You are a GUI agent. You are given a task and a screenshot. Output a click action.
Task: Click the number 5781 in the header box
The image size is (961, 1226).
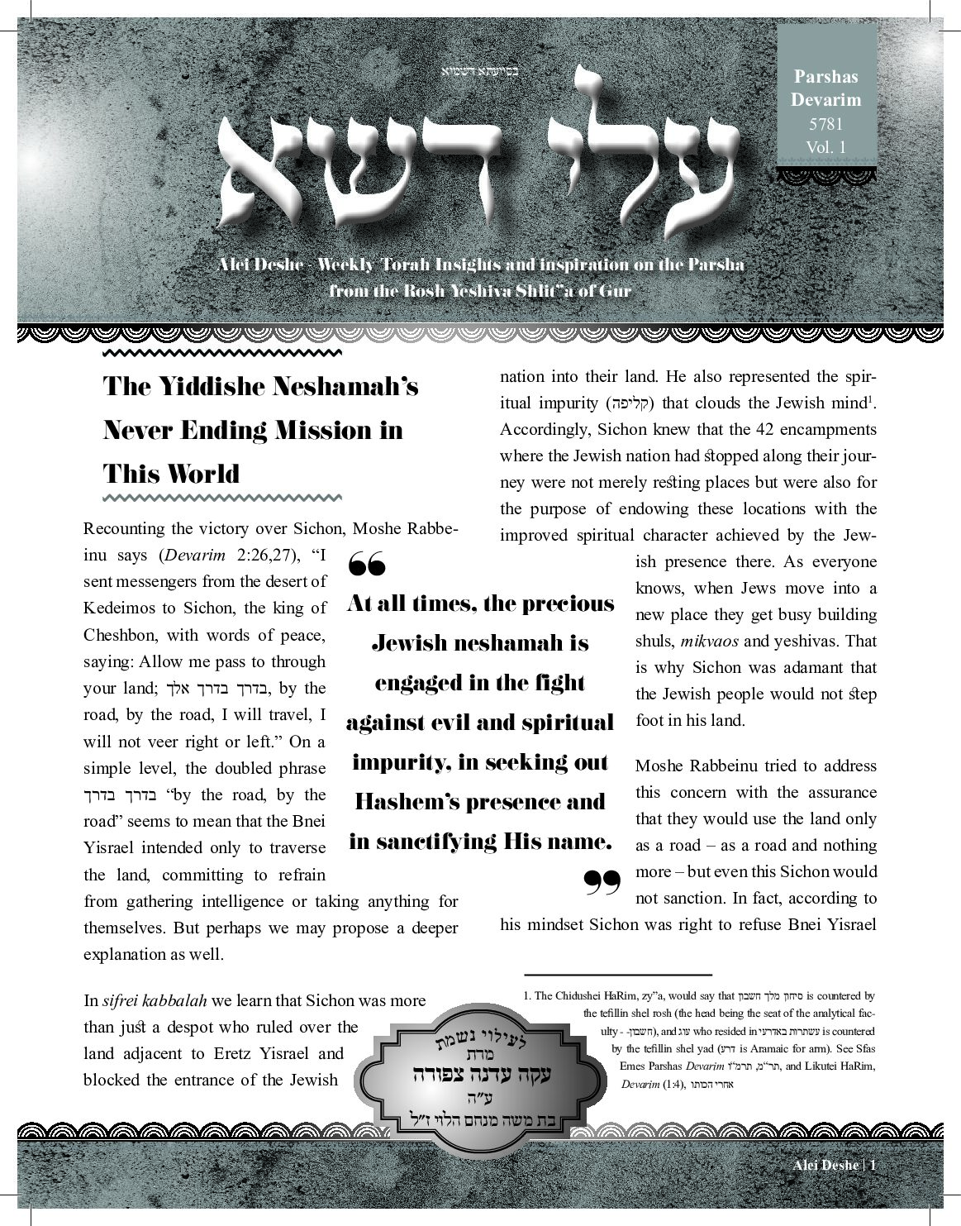(x=825, y=126)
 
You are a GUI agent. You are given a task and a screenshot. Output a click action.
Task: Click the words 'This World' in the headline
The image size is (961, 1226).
(x=171, y=474)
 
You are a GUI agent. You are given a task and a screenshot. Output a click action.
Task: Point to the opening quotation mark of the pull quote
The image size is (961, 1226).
(x=367, y=566)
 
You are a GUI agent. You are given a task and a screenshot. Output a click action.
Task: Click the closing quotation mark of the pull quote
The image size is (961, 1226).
(x=602, y=883)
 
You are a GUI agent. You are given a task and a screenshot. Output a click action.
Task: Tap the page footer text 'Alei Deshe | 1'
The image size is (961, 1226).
(x=833, y=1165)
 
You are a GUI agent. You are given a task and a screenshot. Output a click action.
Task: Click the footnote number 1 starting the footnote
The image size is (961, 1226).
(x=526, y=996)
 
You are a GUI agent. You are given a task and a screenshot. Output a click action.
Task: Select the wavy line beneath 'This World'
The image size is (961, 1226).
(x=221, y=498)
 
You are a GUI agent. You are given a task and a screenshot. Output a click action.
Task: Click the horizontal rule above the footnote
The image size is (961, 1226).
(x=617, y=976)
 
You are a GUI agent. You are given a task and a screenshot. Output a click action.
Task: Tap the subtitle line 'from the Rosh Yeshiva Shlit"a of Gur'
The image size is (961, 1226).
(x=479, y=290)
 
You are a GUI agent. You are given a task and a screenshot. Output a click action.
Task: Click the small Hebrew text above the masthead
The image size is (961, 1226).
(x=479, y=70)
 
